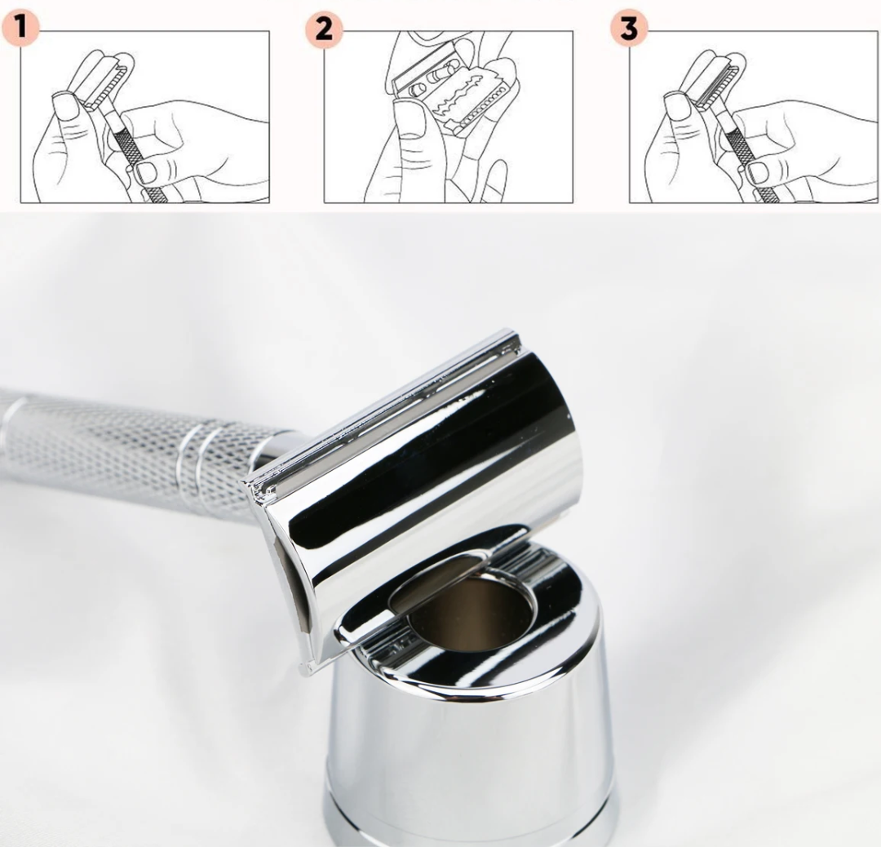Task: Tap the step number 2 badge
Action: point(325,29)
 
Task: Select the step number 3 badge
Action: point(628,29)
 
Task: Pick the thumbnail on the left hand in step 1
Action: point(64,104)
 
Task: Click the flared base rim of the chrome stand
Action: point(465,828)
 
